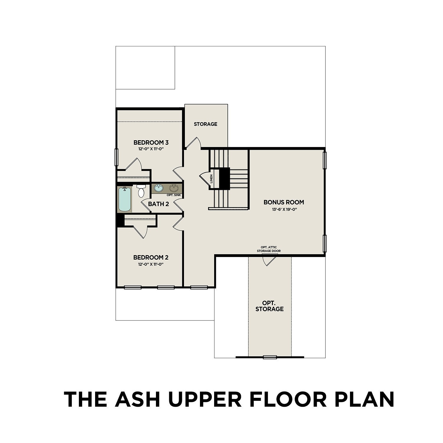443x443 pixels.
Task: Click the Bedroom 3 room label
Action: click(151, 143)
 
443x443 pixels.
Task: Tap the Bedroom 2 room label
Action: click(151, 258)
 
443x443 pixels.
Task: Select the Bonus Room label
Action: click(284, 202)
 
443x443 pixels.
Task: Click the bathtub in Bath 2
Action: click(125, 199)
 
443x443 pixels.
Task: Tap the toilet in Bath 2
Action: click(141, 191)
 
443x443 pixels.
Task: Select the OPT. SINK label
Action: click(174, 195)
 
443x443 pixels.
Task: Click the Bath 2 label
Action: click(158, 204)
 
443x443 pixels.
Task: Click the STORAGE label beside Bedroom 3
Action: click(206, 124)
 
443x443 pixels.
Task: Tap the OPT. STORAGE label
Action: click(269, 306)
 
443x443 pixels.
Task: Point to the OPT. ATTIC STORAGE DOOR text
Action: click(268, 249)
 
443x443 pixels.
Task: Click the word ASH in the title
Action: click(138, 399)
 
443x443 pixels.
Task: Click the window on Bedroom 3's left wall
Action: click(116, 157)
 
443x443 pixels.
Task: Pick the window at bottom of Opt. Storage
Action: click(270, 357)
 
